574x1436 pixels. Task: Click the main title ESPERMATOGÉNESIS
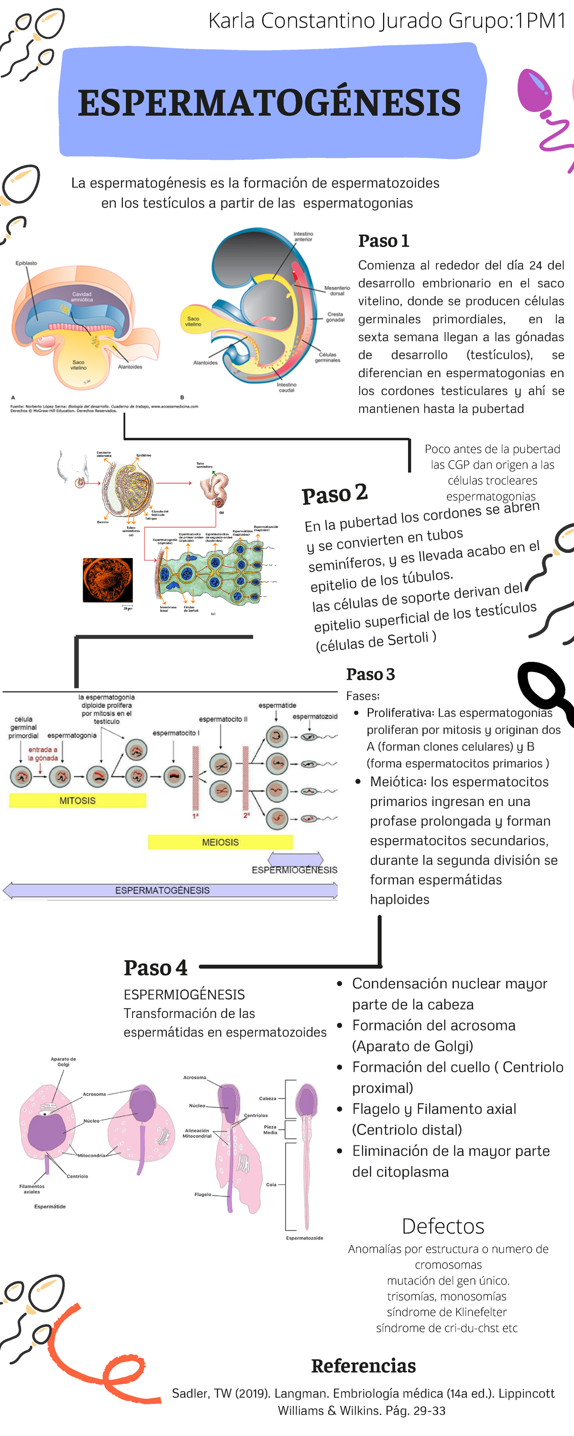[x=269, y=103]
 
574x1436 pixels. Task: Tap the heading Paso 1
[x=384, y=241]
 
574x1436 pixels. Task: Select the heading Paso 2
[x=334, y=494]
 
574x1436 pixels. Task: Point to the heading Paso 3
[x=370, y=674]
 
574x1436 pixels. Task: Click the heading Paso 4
[x=155, y=968]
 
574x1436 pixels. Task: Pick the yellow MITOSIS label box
[x=77, y=800]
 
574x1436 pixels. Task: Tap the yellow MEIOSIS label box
[x=220, y=842]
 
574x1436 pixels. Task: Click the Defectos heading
[x=443, y=1226]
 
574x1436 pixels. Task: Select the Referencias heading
[x=364, y=1366]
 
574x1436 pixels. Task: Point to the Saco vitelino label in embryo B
[x=193, y=321]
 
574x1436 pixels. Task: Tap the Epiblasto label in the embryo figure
[x=26, y=263]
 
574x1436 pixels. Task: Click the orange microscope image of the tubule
[x=108, y=580]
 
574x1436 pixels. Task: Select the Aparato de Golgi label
[x=64, y=1061]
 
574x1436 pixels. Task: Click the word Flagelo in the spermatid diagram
[x=202, y=1194]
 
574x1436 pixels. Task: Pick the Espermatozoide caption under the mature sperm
[x=304, y=1237]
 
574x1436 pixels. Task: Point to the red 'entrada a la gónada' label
[x=43, y=754]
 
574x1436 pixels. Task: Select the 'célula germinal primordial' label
[x=23, y=728]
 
